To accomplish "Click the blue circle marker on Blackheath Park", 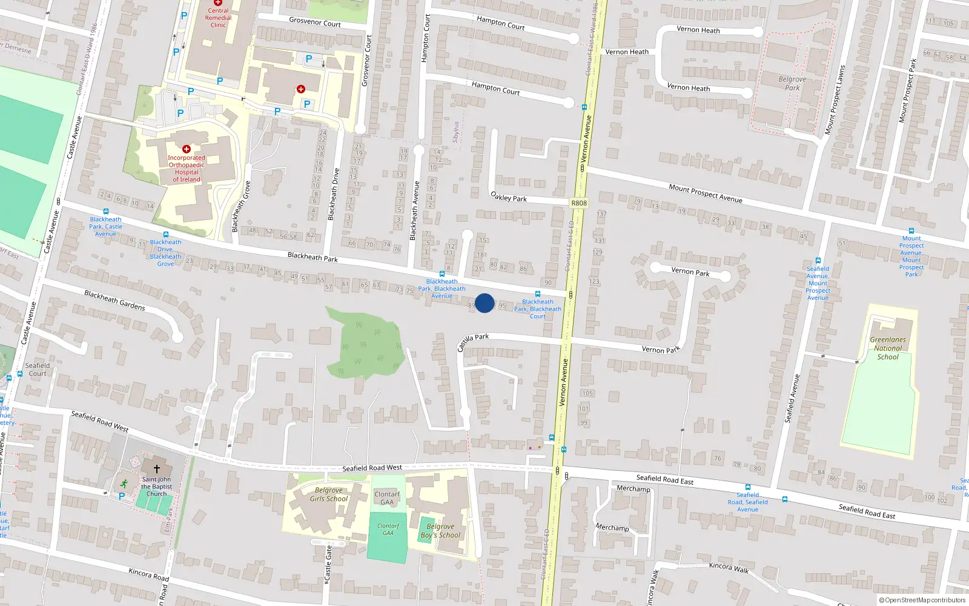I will pos(484,303).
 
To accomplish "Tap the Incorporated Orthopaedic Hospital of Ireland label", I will pos(187,168).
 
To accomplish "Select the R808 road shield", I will pos(579,203).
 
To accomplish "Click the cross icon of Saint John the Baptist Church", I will pos(156,468).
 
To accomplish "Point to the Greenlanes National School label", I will pos(888,348).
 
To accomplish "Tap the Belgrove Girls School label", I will pos(329,494).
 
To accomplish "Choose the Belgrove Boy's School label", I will pos(440,531).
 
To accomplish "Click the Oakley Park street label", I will pos(509,198).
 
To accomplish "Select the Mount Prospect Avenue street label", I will pos(706,193).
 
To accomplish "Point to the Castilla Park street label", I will pos(472,342).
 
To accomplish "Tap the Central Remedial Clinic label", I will pos(218,18).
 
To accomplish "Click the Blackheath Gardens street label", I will pos(114,300).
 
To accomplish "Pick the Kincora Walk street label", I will pos(729,567).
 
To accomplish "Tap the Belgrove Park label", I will pos(792,84).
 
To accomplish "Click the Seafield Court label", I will pos(38,370).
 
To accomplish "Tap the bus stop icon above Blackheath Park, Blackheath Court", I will pos(538,294).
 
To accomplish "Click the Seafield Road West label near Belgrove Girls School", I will pos(372,468).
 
